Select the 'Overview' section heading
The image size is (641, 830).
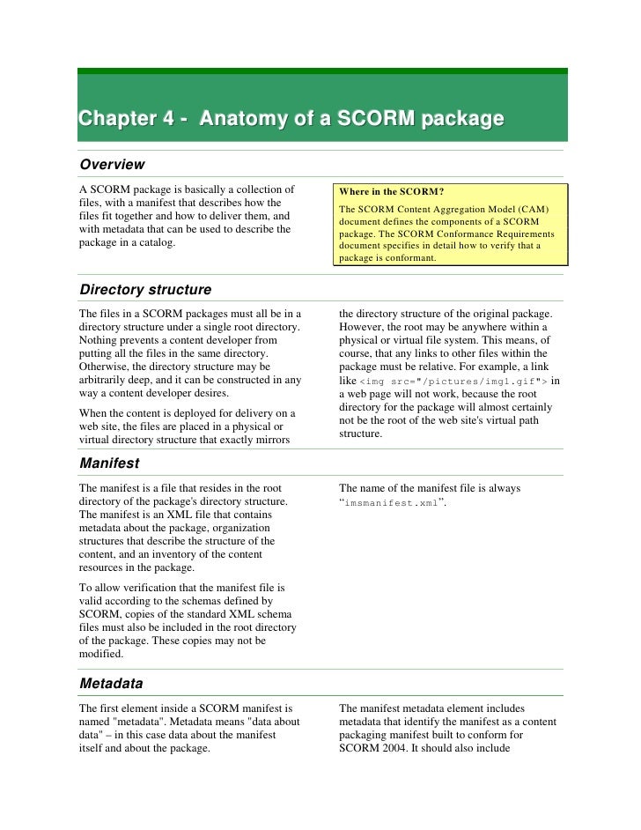[x=112, y=164]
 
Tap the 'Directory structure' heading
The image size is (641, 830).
[x=144, y=289]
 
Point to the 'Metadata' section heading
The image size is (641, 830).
[x=111, y=683]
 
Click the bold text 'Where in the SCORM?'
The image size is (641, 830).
[x=393, y=191]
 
